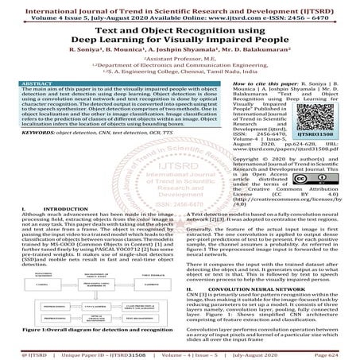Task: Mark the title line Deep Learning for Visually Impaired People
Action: click(x=180, y=37)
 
